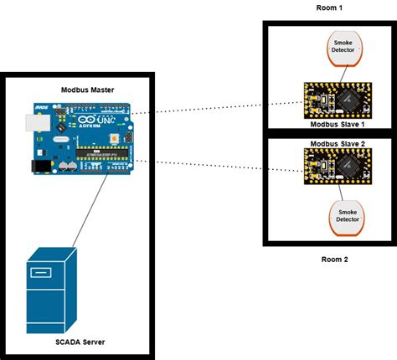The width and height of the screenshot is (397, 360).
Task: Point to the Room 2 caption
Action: point(334,260)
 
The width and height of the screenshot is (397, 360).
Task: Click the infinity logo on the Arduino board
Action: point(87,121)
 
